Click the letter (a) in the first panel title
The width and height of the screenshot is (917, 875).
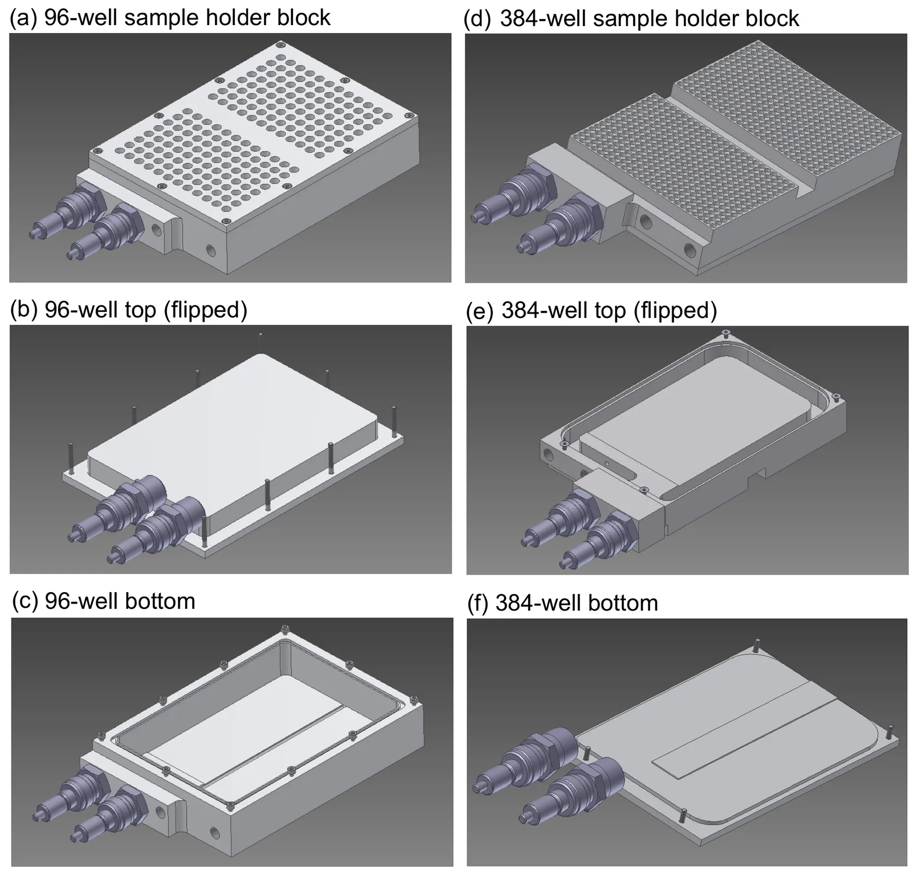[23, 18]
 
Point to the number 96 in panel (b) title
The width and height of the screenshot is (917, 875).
[57, 310]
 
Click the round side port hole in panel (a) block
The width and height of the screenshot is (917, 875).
[210, 250]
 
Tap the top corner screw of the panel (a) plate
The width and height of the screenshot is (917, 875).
[280, 45]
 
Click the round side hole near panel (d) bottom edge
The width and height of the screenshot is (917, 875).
[688, 251]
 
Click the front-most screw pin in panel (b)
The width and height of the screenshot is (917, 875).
[204, 531]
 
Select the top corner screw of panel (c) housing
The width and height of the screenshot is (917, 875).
[284, 629]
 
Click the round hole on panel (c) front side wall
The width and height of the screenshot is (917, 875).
[215, 833]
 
